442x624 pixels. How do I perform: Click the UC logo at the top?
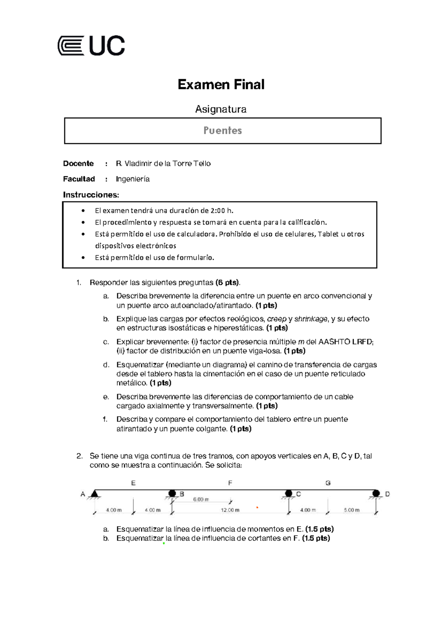point(91,46)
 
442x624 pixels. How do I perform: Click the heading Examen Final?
point(221,85)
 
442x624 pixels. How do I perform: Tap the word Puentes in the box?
point(222,131)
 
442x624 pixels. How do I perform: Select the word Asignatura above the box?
point(221,109)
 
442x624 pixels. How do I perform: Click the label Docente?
point(78,163)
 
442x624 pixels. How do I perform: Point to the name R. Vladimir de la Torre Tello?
point(163,163)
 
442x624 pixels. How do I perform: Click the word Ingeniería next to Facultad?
point(133,179)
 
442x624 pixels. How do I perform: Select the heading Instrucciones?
point(91,195)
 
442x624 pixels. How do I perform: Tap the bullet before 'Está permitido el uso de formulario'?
point(83,258)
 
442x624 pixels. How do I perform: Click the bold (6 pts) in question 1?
point(227,283)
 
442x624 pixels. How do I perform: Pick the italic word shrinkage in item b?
point(311,319)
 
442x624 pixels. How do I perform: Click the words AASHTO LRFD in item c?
point(345,342)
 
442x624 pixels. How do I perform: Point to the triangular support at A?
point(95,493)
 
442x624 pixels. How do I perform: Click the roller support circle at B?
point(172,493)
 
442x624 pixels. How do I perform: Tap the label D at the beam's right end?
point(387,494)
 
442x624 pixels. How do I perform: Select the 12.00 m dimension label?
point(230,510)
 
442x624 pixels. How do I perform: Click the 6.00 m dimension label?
point(201,499)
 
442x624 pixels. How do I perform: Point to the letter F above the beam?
point(230,483)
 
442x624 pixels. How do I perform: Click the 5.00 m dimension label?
point(351,510)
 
